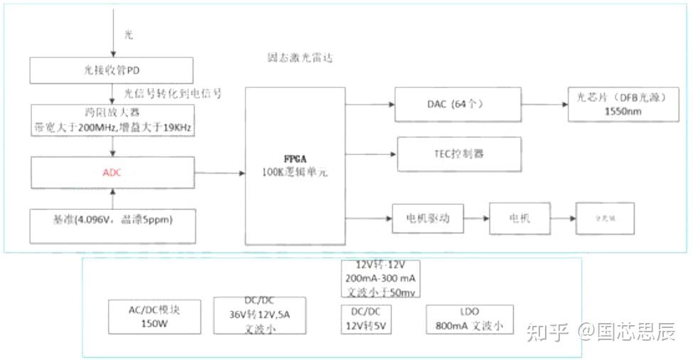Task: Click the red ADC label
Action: tap(112, 172)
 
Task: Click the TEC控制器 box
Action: tap(465, 154)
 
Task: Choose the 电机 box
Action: tap(519, 218)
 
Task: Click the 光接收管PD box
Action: tap(112, 71)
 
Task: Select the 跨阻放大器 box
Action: tap(112, 120)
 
